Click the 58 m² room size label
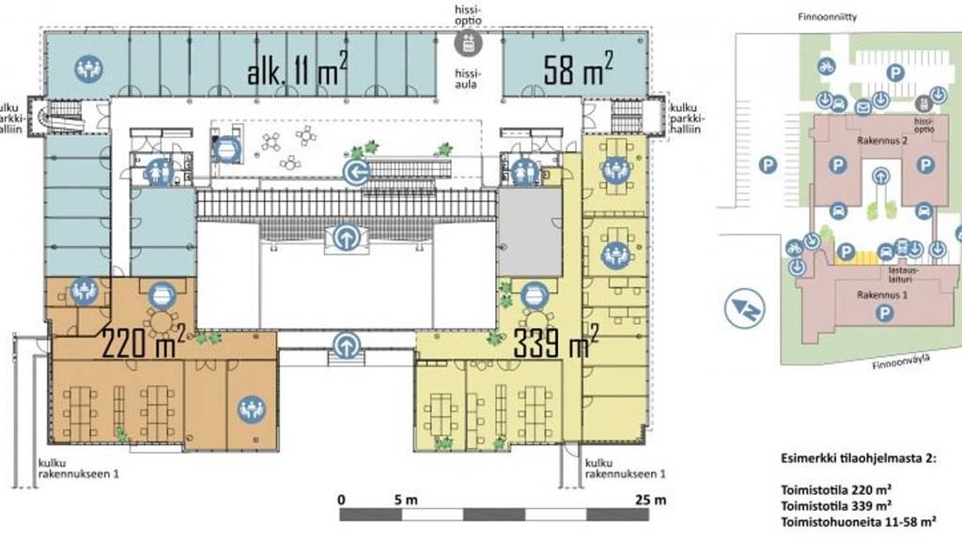(x=578, y=69)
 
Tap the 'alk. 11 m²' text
(x=298, y=69)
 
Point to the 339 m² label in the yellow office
(x=555, y=341)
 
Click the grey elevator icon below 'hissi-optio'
(x=468, y=43)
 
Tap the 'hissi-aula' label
(x=466, y=79)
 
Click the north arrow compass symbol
(x=744, y=308)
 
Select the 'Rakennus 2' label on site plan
(x=882, y=141)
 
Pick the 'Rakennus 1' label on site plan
(x=882, y=295)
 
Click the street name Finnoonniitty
(x=827, y=17)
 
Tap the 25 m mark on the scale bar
(x=650, y=500)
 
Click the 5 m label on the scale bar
(x=406, y=500)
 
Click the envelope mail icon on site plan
(x=862, y=108)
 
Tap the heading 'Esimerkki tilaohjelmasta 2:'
(x=859, y=458)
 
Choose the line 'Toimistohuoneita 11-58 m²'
(x=859, y=522)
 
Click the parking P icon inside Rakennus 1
(x=883, y=314)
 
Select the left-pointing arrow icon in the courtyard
(x=356, y=173)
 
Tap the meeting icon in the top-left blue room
(x=89, y=69)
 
